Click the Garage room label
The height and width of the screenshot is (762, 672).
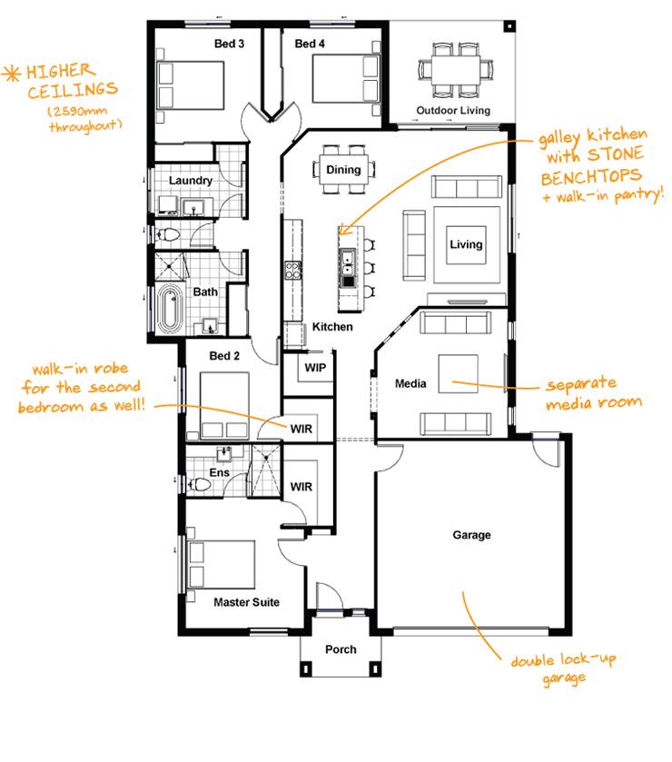pos(471,535)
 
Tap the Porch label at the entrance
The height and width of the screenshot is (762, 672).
pos(341,649)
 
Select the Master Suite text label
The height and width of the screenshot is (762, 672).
pos(246,602)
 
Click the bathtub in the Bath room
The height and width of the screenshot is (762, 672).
pos(169,309)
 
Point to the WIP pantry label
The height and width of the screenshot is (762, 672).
pos(315,368)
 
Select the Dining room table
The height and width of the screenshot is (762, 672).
pos(343,170)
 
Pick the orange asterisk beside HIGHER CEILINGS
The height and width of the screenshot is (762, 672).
pos(13,72)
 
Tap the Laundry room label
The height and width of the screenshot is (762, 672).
pos(191,180)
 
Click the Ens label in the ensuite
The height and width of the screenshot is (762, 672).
pos(219,472)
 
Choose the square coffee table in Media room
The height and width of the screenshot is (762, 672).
pos(459,373)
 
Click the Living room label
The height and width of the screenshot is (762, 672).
pos(466,244)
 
